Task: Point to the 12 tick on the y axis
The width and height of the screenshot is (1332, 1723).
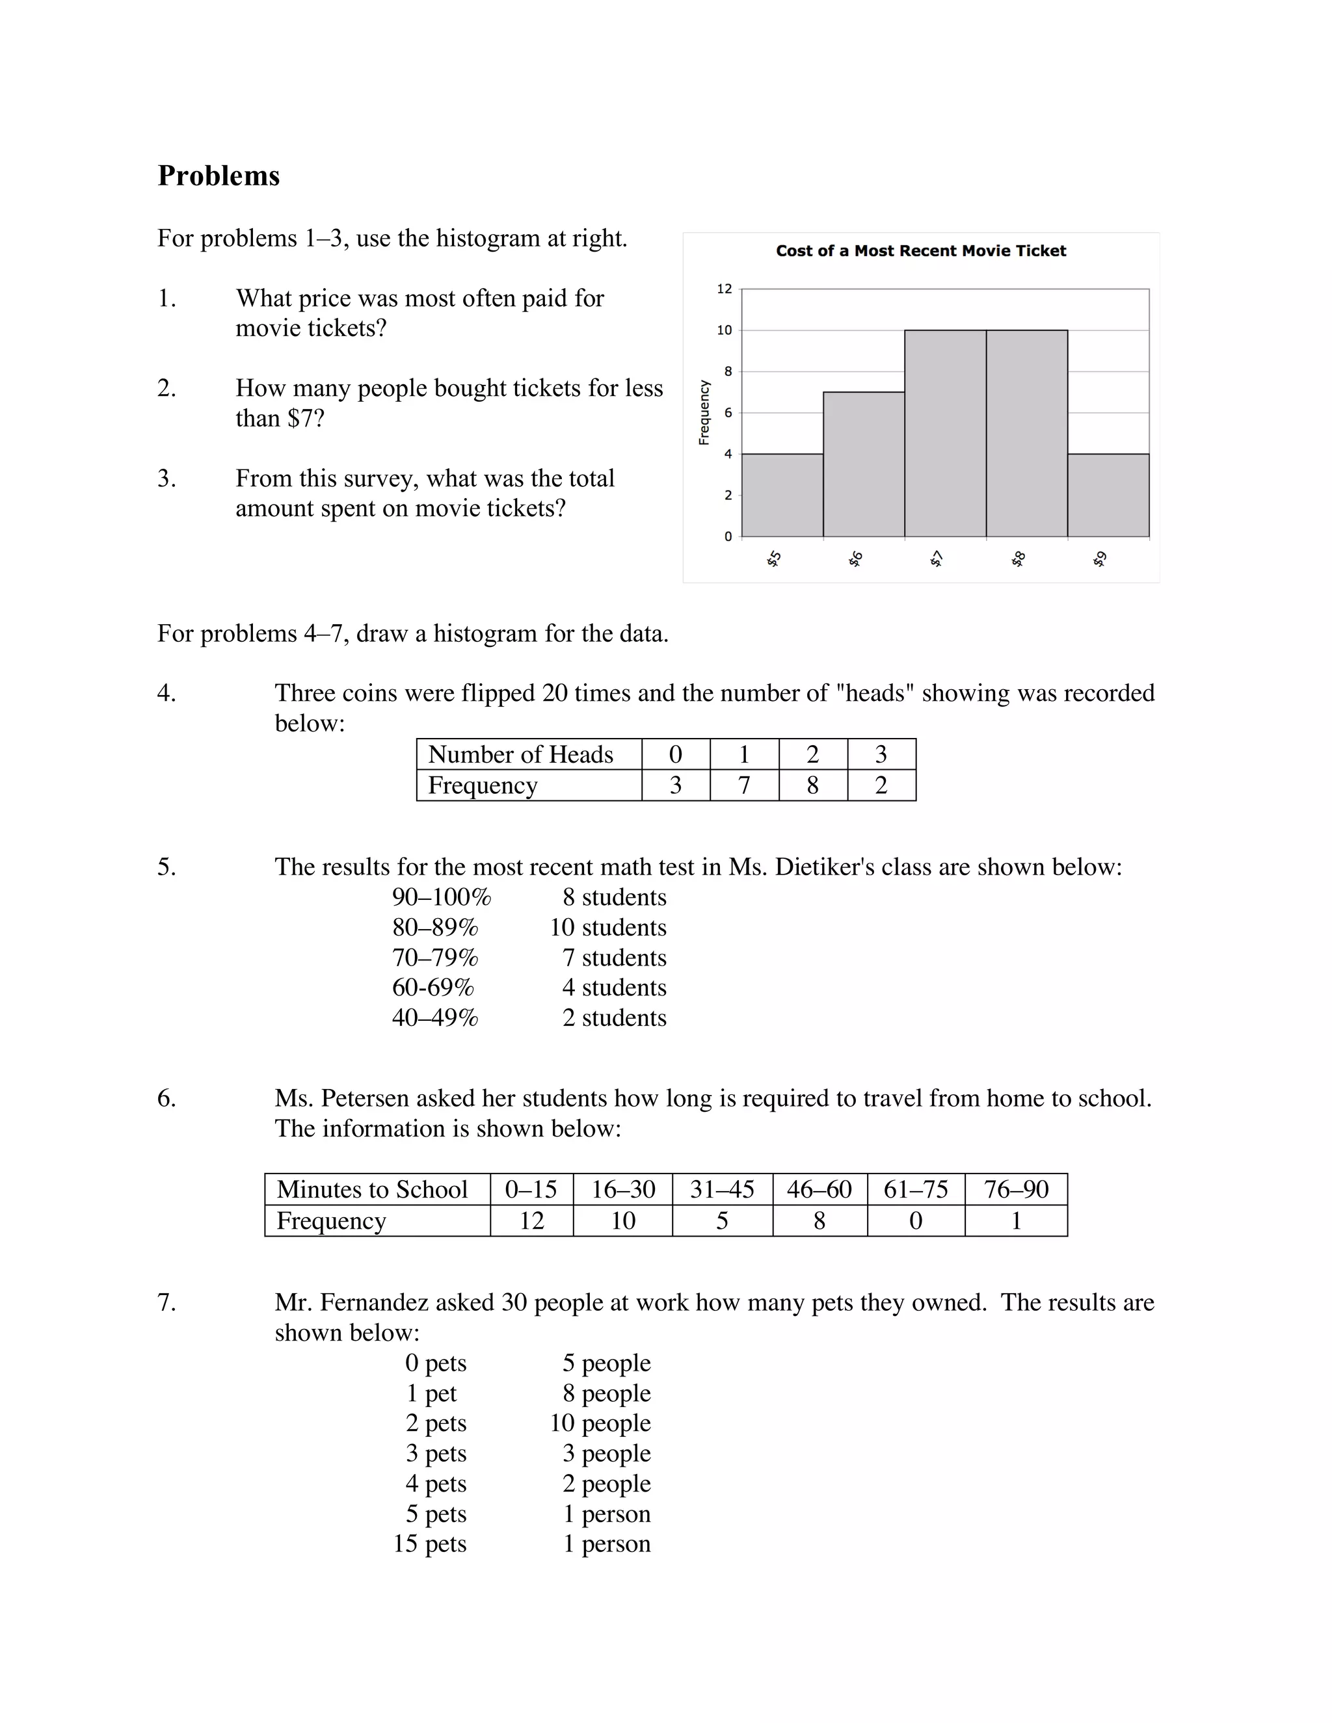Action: coord(724,289)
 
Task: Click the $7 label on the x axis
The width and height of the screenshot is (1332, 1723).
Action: coord(937,559)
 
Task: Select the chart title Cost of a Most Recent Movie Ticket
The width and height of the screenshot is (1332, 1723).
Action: coord(920,251)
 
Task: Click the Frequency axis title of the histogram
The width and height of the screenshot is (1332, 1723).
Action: coord(704,413)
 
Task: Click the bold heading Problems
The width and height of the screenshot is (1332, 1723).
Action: coord(219,175)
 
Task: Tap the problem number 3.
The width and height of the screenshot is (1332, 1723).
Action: coord(166,478)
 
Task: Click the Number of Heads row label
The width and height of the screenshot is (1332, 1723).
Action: coord(520,754)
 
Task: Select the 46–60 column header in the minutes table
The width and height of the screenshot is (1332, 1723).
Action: coord(818,1189)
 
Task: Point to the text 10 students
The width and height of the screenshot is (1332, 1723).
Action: coord(607,927)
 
